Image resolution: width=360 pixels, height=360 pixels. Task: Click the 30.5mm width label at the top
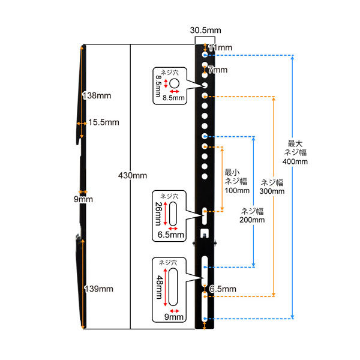pos(205,31)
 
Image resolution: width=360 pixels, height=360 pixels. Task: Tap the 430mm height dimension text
pos(133,176)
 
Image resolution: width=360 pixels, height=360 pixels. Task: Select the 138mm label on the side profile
pos(97,95)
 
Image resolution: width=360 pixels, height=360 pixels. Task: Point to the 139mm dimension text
pos(99,289)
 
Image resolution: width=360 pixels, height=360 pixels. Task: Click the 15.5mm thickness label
pos(104,122)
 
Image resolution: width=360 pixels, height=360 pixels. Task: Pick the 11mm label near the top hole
pos(220,48)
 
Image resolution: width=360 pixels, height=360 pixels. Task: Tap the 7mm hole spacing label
pos(218,70)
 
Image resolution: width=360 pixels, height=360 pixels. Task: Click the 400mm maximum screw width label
pos(295,161)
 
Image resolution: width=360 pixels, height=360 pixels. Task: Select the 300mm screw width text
pos(272,191)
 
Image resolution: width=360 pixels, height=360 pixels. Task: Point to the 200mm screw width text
pos(252,220)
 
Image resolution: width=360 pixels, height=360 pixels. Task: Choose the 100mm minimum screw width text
pos(237,190)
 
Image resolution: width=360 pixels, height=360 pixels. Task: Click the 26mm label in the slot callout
pos(158,214)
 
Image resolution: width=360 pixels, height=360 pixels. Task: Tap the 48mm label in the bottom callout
pos(160,287)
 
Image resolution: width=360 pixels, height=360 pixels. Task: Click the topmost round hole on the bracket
pos(205,55)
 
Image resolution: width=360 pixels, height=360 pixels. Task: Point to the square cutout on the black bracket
pos(205,233)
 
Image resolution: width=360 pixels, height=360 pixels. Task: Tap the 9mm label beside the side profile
pos(83,199)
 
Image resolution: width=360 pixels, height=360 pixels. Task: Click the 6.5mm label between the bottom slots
pos(223,289)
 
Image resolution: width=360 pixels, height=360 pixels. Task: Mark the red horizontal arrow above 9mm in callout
pos(174,311)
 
